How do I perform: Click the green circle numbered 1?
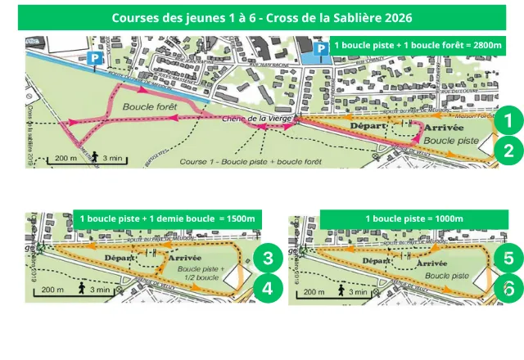[508, 121]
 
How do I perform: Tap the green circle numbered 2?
[508, 151]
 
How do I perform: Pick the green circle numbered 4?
[267, 288]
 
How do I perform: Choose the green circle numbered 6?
[508, 288]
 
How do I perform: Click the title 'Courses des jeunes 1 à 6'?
[262, 17]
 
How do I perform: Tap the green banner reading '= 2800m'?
[418, 46]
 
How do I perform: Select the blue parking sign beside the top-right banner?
[321, 50]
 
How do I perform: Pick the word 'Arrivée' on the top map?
[445, 128]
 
